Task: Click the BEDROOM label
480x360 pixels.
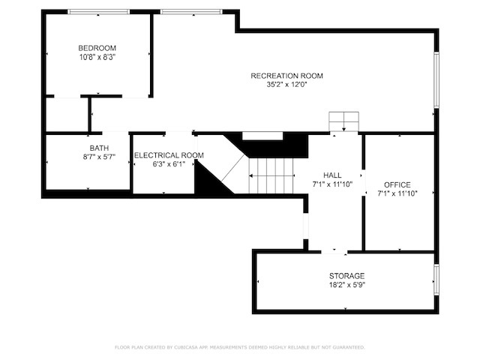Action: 97,48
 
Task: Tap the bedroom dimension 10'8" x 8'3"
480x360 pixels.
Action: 97,57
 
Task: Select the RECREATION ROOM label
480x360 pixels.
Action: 286,76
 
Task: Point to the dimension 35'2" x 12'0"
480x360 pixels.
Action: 286,85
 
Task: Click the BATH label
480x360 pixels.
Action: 99,148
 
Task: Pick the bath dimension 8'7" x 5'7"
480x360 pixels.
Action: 99,157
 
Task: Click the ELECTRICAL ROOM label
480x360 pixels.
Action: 169,155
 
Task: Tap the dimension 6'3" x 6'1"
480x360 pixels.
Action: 169,164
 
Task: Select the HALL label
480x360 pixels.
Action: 332,175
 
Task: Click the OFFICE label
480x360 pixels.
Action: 397,185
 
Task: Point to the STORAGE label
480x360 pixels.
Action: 346,276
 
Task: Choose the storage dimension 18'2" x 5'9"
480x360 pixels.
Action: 347,285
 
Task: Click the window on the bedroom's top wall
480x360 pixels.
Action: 98,12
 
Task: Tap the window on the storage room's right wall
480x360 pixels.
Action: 436,280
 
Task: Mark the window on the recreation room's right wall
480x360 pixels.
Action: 436,79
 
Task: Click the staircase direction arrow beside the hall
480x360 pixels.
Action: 271,176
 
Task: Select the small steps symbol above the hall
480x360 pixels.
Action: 343,121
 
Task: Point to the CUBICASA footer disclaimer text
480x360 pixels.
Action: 240,347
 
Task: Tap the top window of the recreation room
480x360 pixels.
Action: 191,12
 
